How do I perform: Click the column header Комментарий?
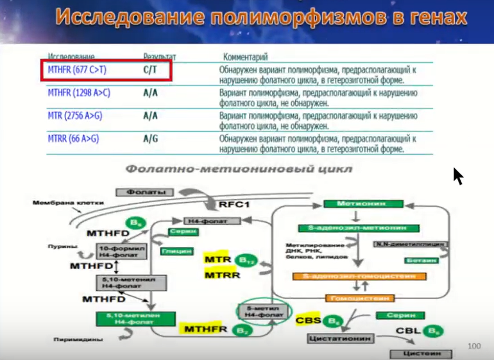click(245, 57)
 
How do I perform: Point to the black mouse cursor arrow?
click(457, 175)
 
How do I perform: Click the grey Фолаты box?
click(145, 192)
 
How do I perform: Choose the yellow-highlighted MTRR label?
click(222, 275)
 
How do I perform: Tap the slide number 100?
click(475, 347)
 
